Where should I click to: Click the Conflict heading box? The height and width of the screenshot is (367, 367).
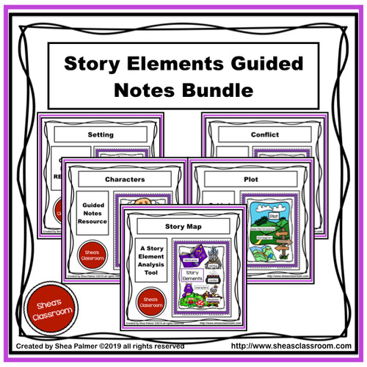(x=262, y=135)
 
